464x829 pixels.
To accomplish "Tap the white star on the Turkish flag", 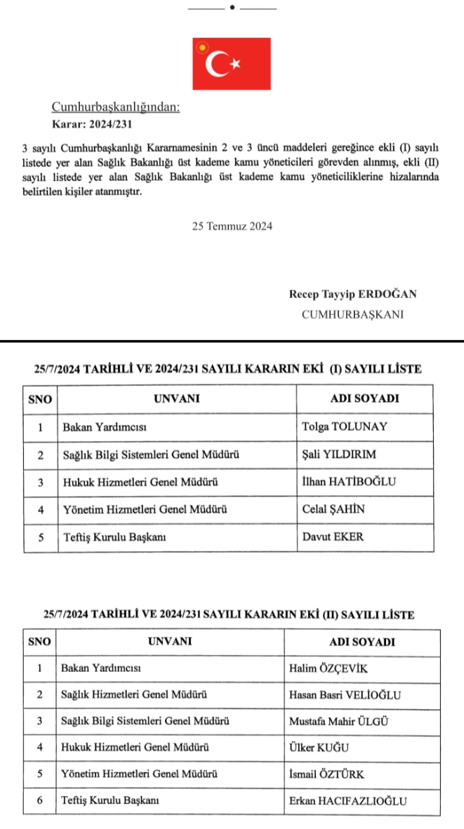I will click(235, 64).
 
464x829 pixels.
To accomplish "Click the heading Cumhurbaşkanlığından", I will click(116, 107).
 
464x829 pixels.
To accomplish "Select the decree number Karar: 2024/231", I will click(92, 123).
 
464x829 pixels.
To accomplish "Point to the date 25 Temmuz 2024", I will click(232, 227).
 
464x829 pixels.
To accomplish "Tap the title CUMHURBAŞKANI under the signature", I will click(352, 315).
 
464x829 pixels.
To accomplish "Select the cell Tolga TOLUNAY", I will click(344, 426).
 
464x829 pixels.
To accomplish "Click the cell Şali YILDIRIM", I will click(338, 454).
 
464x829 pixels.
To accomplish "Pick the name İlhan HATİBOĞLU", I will click(349, 482).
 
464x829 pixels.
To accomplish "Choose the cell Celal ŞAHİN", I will click(333, 510).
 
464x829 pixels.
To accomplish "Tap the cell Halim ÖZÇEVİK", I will click(329, 668).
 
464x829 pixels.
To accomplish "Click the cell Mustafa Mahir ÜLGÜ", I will click(339, 721).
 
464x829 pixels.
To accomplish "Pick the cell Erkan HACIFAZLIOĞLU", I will click(348, 801).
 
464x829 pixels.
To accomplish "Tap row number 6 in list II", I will click(40, 801).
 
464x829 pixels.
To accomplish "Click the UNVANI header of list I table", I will click(177, 398).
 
